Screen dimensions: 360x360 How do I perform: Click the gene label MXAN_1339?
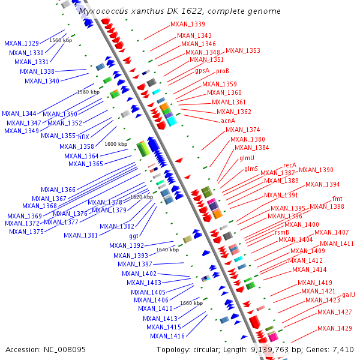coord(187,24)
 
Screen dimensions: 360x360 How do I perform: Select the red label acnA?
coord(228,121)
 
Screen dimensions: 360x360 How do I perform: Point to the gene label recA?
coord(290,165)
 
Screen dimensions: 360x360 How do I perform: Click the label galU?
coord(349,295)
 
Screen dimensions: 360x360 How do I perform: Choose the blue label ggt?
coord(134,236)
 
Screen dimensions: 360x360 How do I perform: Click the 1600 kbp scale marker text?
coord(116,144)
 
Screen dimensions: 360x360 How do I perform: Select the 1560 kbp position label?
coord(61,40)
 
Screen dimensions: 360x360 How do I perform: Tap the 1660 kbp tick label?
coord(191,303)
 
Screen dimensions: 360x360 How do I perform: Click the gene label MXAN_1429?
coord(334,328)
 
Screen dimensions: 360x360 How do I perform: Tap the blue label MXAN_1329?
coord(22,43)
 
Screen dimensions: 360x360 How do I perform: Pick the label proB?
coord(223,71)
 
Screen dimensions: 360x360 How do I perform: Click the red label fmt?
coord(338,199)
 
